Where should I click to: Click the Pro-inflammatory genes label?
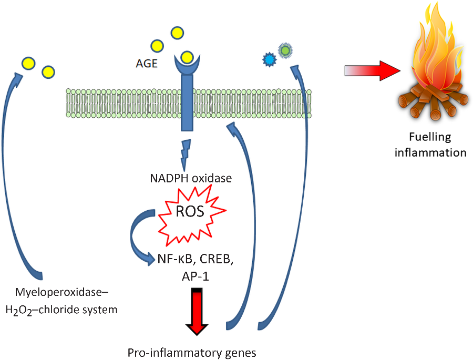click(192, 352)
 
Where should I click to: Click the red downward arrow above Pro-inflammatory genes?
click(196, 311)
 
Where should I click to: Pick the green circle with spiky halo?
click(285, 50)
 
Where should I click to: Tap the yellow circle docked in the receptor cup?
click(187, 57)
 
